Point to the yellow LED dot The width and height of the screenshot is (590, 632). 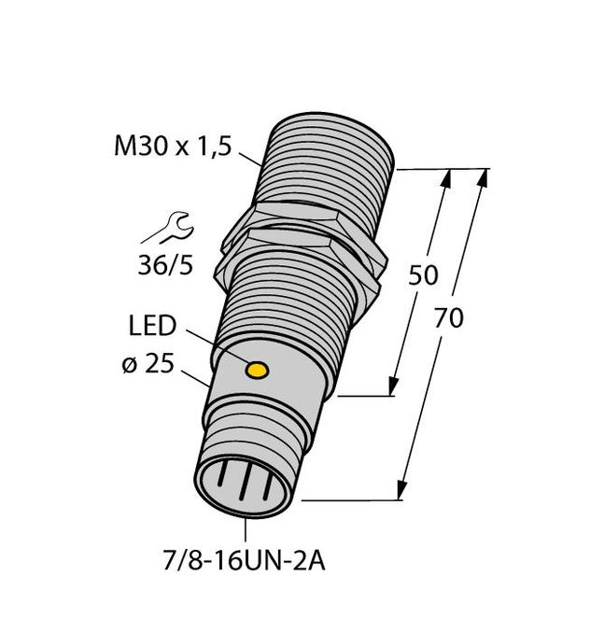pos(255,372)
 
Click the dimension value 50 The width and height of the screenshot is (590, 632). pos(425,275)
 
